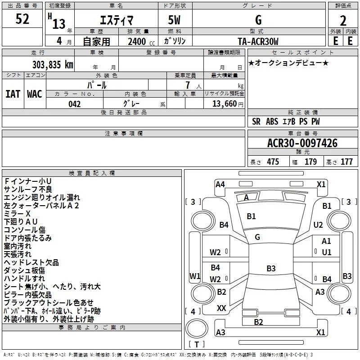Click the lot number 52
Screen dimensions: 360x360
pos(22,19)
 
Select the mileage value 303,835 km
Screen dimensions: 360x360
pos(53,65)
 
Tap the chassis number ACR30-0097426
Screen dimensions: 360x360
pos(302,143)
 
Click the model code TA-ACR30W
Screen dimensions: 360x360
pos(258,41)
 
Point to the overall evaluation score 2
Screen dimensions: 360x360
pos(343,21)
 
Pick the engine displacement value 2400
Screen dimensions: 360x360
pos(137,41)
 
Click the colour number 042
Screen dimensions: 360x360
pos(75,104)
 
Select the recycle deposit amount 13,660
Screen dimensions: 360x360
pos(224,103)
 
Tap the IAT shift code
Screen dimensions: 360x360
pos(13,94)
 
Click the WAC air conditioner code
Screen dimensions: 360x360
pos(35,94)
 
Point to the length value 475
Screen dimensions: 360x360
pos(273,162)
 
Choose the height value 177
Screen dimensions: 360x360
pos(346,162)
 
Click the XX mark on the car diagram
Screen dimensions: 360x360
pos(221,308)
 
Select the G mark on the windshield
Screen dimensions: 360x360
pos(257,237)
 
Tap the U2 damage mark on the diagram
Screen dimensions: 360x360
pos(318,225)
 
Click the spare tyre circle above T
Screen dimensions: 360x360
pos(197,328)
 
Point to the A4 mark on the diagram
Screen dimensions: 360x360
pos(220,184)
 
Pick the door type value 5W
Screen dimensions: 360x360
pos(174,20)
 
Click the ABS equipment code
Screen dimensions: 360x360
pos(272,121)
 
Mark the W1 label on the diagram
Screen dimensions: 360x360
pos(195,276)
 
